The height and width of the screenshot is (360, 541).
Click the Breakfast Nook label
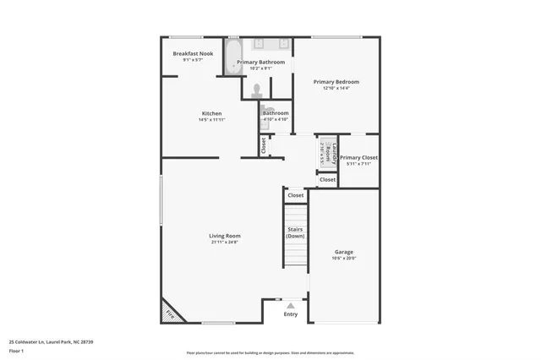point(193,53)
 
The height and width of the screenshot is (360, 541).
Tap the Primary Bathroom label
point(260,62)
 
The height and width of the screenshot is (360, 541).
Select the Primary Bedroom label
point(336,82)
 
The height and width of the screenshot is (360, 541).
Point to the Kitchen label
point(211,113)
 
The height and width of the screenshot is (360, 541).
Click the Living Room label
point(225,236)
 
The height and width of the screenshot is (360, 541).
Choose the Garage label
point(343,252)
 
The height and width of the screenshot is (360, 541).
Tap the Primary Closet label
point(358,157)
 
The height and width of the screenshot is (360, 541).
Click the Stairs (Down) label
point(294,232)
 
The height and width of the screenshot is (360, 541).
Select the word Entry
point(291,314)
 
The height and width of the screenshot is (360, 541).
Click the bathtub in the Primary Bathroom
point(233,57)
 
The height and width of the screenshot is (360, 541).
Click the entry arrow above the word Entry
point(291,305)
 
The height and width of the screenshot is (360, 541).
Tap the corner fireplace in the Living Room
point(172,313)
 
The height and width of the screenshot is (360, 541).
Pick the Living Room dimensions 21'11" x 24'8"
point(225,243)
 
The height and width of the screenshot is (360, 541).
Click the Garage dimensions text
point(343,259)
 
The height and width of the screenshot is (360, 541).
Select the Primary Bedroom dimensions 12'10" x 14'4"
point(336,88)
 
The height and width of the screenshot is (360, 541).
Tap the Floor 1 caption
point(17,350)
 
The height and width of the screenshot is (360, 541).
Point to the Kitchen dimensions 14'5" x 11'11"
point(211,119)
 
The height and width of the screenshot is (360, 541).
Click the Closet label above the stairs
point(295,195)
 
